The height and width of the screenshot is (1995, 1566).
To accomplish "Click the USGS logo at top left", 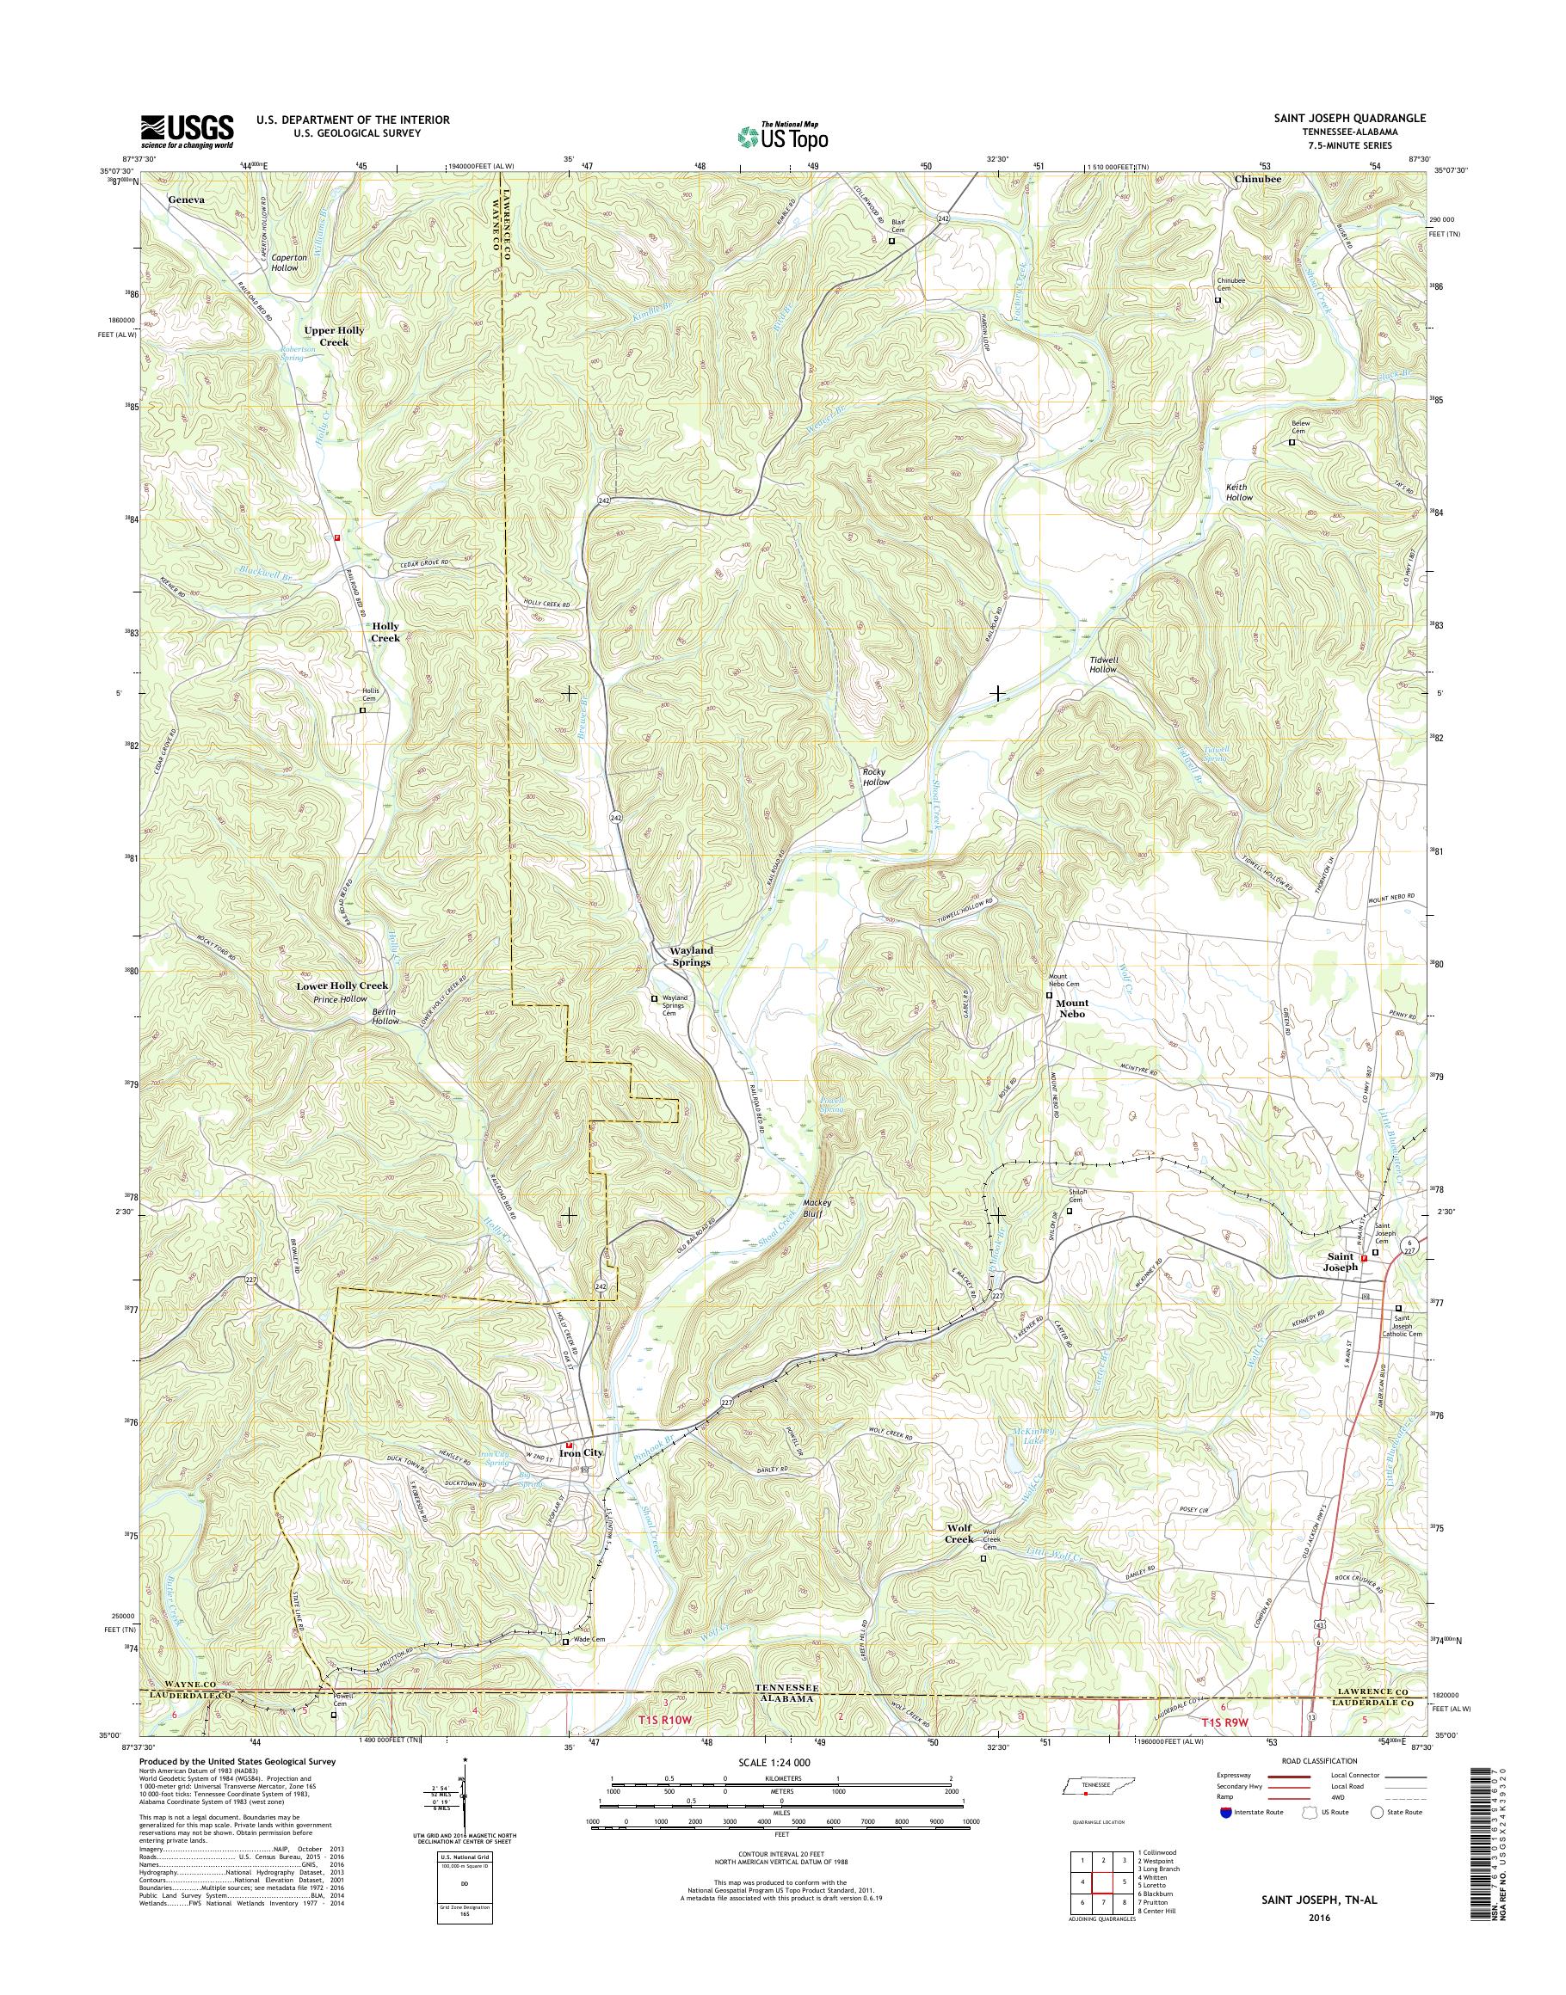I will [x=186, y=131].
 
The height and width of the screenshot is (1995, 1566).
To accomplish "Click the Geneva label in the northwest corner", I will [x=186, y=198].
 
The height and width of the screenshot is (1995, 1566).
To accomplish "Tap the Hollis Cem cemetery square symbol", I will [x=362, y=709].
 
